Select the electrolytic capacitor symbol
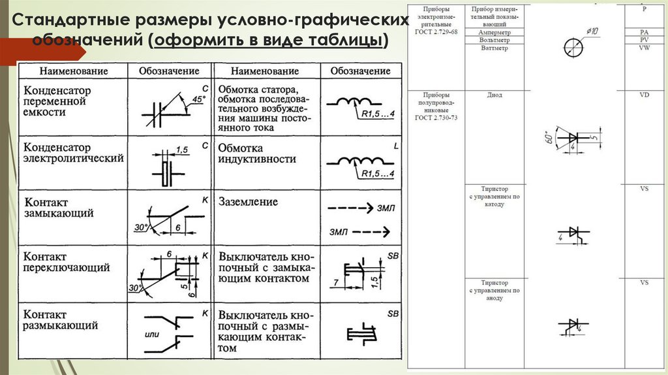click(166, 168)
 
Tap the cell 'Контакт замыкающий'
click(59, 208)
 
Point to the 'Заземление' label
click(248, 202)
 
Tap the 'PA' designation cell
click(645, 31)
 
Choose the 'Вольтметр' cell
click(494, 40)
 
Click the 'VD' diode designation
click(645, 95)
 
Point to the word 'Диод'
click(494, 95)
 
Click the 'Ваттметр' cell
click(494, 48)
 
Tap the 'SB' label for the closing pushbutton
click(393, 255)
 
